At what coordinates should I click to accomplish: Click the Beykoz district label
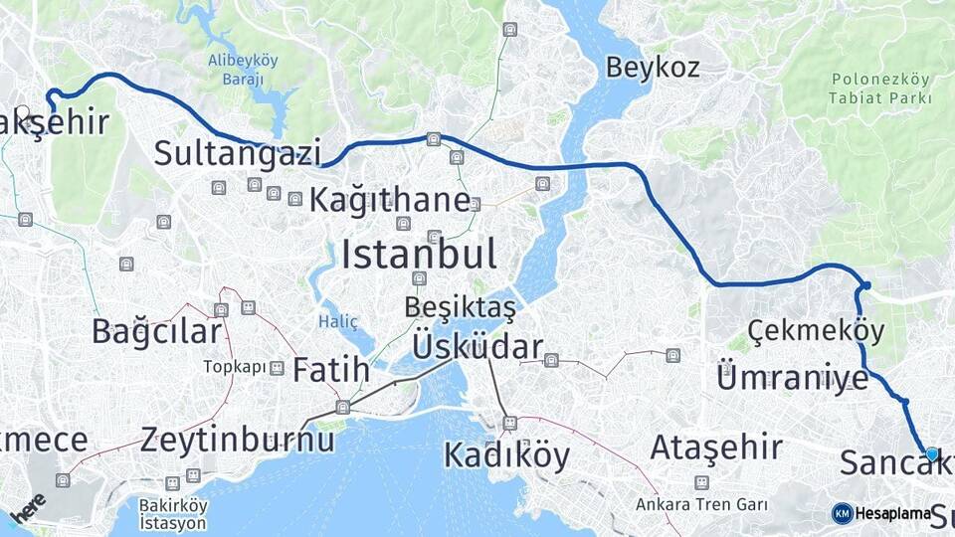coord(653,68)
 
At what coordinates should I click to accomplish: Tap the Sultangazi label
coord(238,154)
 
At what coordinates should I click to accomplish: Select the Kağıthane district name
coord(389,199)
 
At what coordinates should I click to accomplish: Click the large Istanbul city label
coord(419,255)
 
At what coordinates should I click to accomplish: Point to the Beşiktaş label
coord(461,308)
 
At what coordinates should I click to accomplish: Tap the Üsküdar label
coord(477,347)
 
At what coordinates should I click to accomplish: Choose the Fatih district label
coord(331,371)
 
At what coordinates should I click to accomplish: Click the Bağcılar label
coord(156,330)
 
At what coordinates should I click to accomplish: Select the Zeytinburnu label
coord(238,439)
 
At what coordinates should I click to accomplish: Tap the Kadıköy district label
coord(506,455)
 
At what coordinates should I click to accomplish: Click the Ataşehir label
coord(703,447)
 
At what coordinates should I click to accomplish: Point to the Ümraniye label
coord(792,377)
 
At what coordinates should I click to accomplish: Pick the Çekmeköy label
coord(801,330)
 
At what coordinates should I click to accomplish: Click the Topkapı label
coord(236,367)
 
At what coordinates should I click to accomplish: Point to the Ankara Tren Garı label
coord(701,503)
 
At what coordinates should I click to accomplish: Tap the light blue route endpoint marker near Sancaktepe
coord(931,453)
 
